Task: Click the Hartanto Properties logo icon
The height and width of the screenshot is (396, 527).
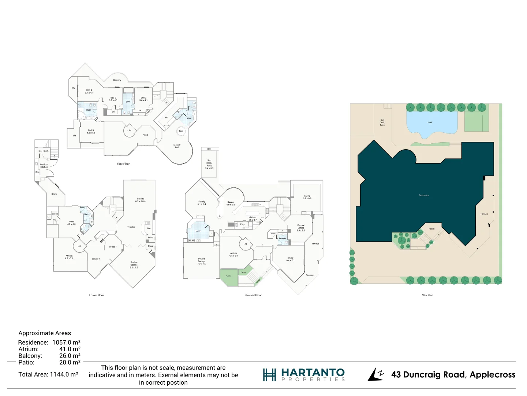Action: click(x=269, y=375)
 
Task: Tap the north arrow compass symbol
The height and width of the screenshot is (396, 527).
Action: click(x=375, y=374)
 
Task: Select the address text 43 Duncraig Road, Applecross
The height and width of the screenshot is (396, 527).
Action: click(x=453, y=375)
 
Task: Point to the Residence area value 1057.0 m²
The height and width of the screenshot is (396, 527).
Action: click(x=66, y=342)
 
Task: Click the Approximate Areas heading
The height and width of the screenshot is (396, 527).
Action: click(x=45, y=333)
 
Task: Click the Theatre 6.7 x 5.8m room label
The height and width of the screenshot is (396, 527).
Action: click(x=141, y=200)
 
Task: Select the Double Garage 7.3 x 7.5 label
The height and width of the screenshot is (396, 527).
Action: click(x=202, y=261)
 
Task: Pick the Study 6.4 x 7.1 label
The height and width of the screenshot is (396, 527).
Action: click(x=290, y=259)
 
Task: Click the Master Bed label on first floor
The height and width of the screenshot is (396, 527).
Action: click(x=177, y=146)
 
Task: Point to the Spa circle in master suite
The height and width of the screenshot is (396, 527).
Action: click(x=181, y=131)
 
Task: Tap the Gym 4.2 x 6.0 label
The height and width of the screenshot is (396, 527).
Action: click(x=71, y=223)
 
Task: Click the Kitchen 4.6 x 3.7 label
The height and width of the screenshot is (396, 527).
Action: click(x=253, y=219)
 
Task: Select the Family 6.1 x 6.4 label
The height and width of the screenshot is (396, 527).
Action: click(x=202, y=203)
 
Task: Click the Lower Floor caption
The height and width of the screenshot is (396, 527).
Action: click(x=97, y=295)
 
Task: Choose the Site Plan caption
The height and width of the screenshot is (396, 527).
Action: click(x=427, y=295)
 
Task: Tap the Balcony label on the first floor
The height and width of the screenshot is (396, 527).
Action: click(x=117, y=80)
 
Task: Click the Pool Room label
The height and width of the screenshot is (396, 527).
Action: click(x=43, y=151)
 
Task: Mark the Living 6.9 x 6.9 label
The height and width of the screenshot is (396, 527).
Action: click(x=307, y=197)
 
